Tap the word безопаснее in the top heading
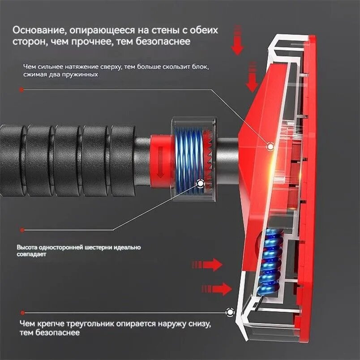[x=163, y=42]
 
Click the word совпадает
[x=31, y=254]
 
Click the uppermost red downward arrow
[x=237, y=40]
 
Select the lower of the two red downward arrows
[x=252, y=77]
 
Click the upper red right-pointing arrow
[x=207, y=265]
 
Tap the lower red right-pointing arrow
[x=217, y=289]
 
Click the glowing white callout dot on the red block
[x=270, y=146]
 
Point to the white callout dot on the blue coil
[x=201, y=184]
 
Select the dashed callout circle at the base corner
[x=230, y=312]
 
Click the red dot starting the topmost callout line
[x=21, y=90]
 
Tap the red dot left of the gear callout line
[x=22, y=230]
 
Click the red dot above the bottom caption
[x=22, y=313]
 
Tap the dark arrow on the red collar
[x=160, y=162]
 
